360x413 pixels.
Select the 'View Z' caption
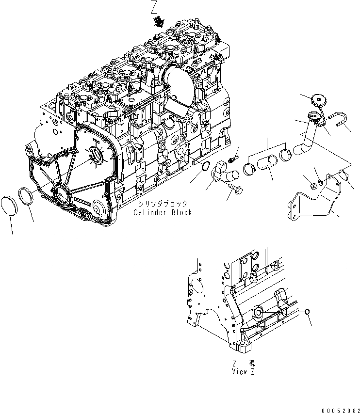[x=243, y=372]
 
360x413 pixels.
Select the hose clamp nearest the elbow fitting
[x=250, y=170]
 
